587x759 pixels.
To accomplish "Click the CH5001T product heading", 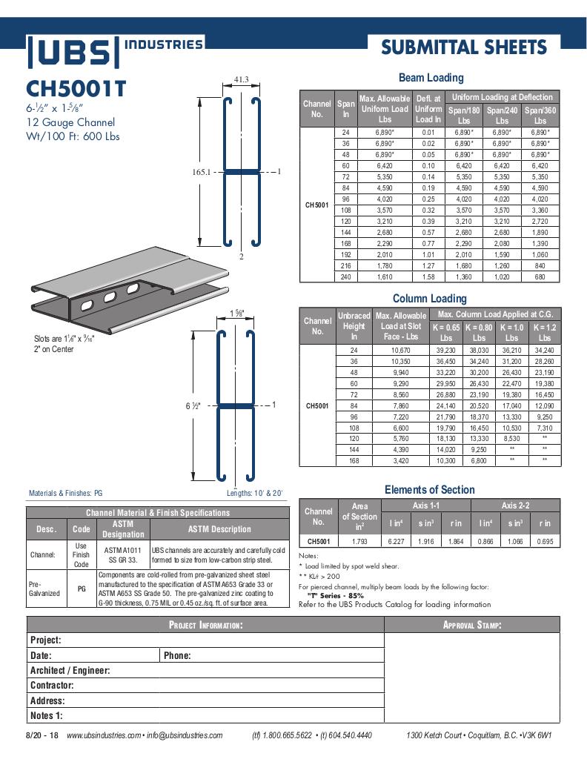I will pyautogui.click(x=76, y=89).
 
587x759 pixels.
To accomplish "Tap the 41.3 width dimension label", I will pyautogui.click(x=241, y=79).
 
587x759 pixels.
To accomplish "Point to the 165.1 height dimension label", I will pyautogui.click(x=202, y=172).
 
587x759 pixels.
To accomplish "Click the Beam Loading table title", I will pyautogui.click(x=431, y=77).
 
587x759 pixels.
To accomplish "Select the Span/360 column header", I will pyautogui.click(x=540, y=115).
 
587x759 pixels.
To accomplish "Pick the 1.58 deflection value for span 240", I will pyautogui.click(x=428, y=276).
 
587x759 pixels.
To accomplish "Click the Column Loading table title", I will pyautogui.click(x=430, y=299).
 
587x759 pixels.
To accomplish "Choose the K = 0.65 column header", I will pyautogui.click(x=446, y=331).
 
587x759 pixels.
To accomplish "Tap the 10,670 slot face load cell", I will pyautogui.click(x=399, y=350).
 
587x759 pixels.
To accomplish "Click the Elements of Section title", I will pyautogui.click(x=429, y=489).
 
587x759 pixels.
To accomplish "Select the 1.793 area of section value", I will pyautogui.click(x=359, y=541).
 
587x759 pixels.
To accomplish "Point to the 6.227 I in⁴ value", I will pyautogui.click(x=397, y=541).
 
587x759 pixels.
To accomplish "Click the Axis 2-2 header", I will pyautogui.click(x=515, y=506).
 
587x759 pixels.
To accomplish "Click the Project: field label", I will pyautogui.click(x=46, y=640).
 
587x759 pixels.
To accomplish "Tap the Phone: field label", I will pyautogui.click(x=178, y=655).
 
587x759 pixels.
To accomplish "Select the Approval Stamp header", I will pyautogui.click(x=472, y=626).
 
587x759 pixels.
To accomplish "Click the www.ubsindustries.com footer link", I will pyautogui.click(x=103, y=735).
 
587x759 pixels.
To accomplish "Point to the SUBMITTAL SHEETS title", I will pyautogui.click(x=464, y=48).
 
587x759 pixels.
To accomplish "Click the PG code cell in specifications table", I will pyautogui.click(x=82, y=589).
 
